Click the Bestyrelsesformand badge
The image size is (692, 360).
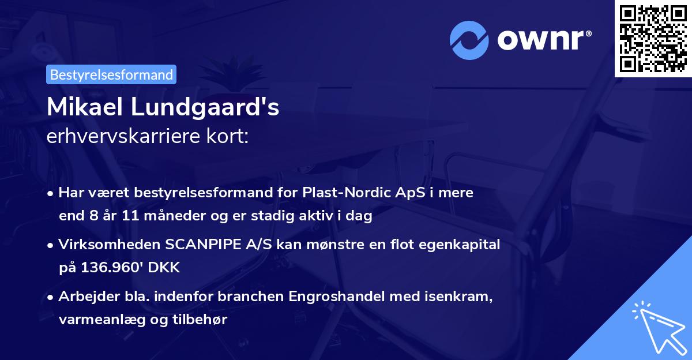click(x=111, y=74)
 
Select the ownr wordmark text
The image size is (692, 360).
click(x=542, y=40)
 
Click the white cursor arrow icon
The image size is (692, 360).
click(x=657, y=326)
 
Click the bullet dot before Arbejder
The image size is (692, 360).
click(x=51, y=298)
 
